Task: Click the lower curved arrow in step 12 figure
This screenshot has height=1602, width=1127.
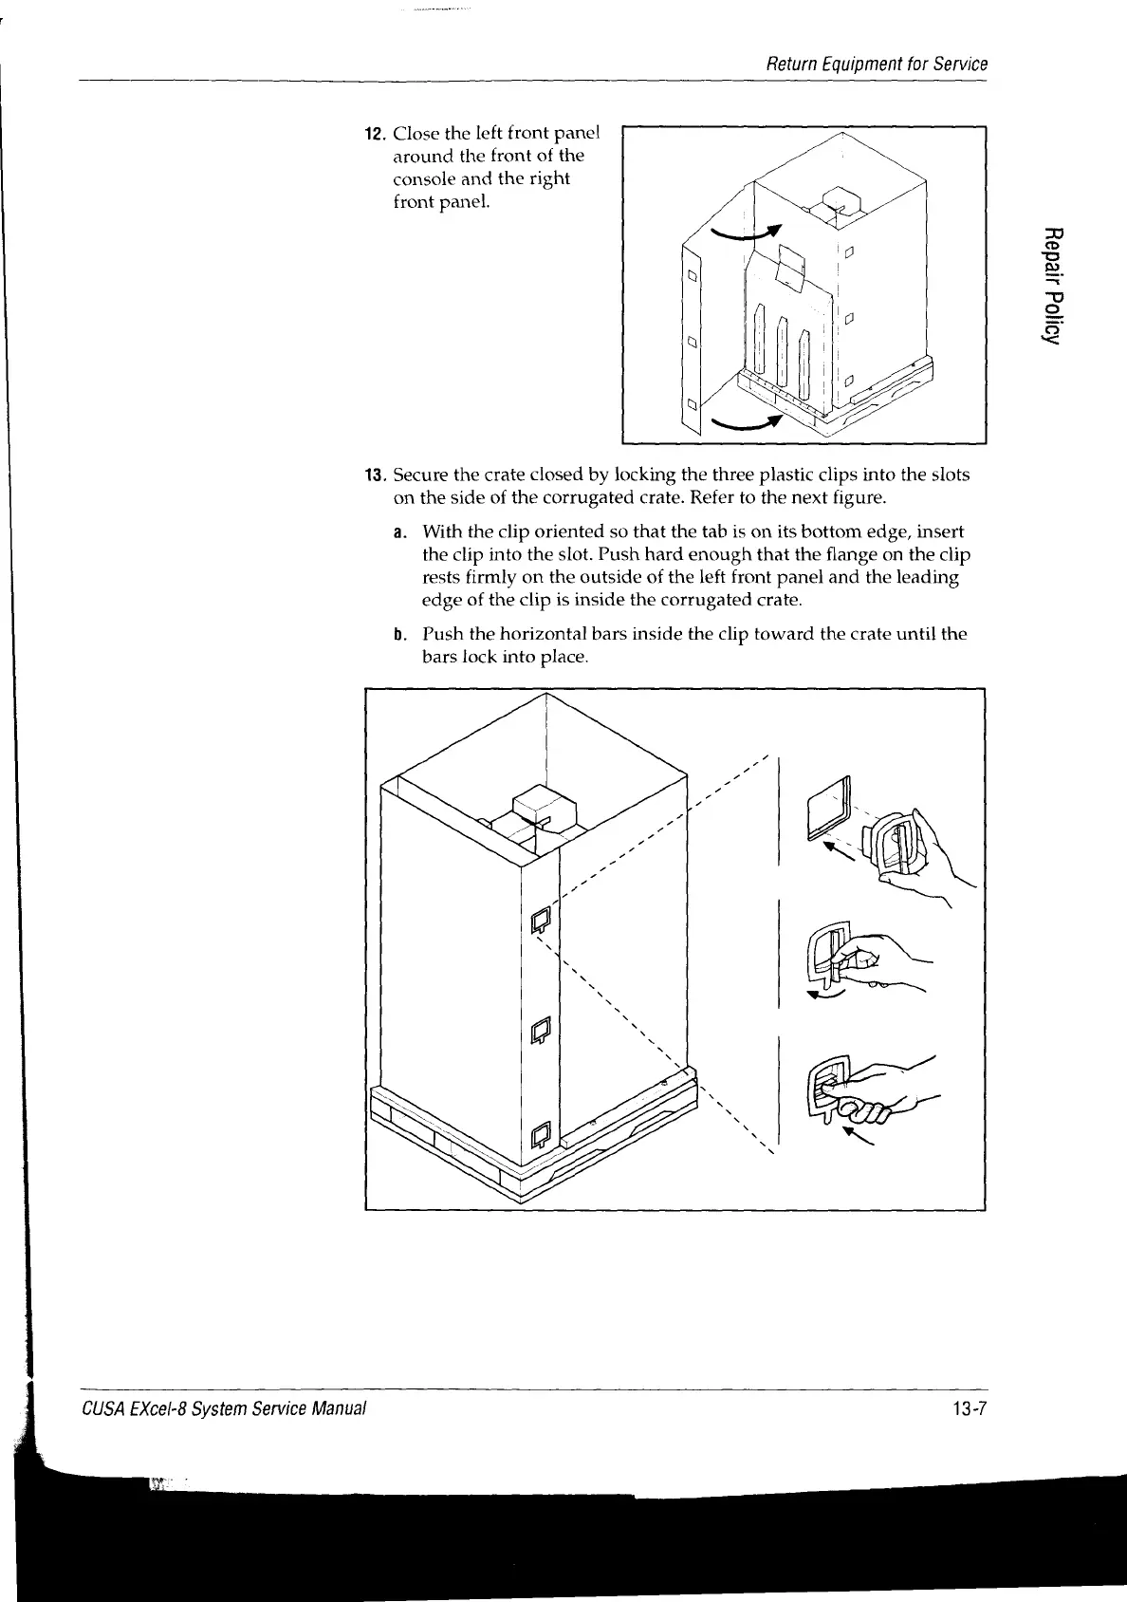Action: [747, 423]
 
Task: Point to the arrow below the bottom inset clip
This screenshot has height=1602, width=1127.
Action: [860, 1136]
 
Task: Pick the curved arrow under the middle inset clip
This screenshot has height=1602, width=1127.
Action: [821, 995]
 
